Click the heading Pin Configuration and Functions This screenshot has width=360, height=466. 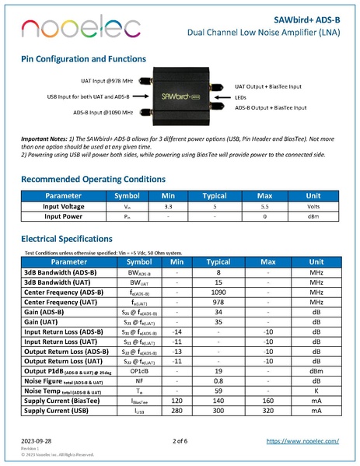tap(89, 59)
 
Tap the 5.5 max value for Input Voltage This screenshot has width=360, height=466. tap(267, 208)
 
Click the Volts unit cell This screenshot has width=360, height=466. tap(314, 208)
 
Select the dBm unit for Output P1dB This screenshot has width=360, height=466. tap(316, 371)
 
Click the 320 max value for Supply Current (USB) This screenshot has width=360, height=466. tap(267, 411)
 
